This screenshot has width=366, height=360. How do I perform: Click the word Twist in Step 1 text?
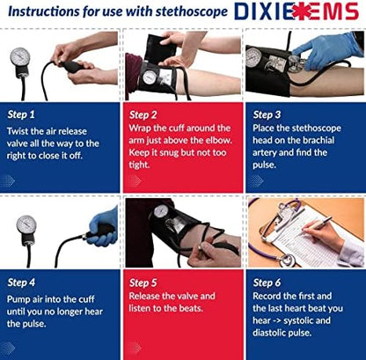pos(22,129)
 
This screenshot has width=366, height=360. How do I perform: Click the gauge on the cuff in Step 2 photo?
pos(150,77)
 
